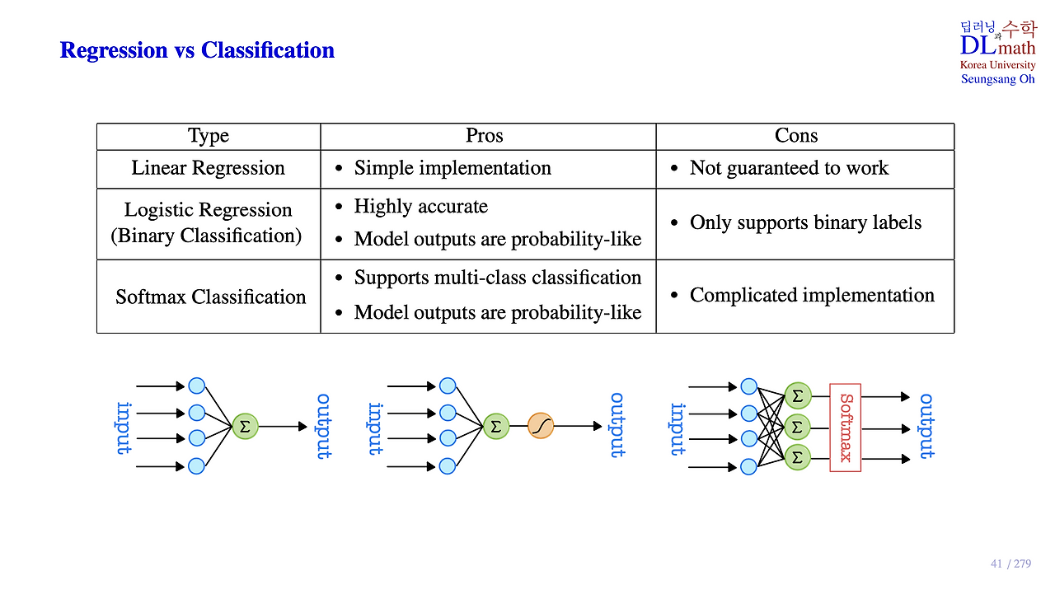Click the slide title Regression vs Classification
(197, 50)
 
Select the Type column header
(209, 136)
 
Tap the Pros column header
(485, 136)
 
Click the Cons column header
(796, 136)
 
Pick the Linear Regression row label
(208, 168)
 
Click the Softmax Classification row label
(210, 297)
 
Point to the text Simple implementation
(452, 168)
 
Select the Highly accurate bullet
(420, 206)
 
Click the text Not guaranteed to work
(789, 168)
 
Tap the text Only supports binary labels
(805, 222)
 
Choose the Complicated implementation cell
(812, 295)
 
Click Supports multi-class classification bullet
(497, 278)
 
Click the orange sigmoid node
(541, 426)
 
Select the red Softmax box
(845, 427)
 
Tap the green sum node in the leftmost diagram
(245, 426)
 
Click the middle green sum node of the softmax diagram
(797, 427)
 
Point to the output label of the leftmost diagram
(325, 426)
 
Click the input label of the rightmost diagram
(678, 428)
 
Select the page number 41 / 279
(1010, 564)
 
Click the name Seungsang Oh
(997, 79)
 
